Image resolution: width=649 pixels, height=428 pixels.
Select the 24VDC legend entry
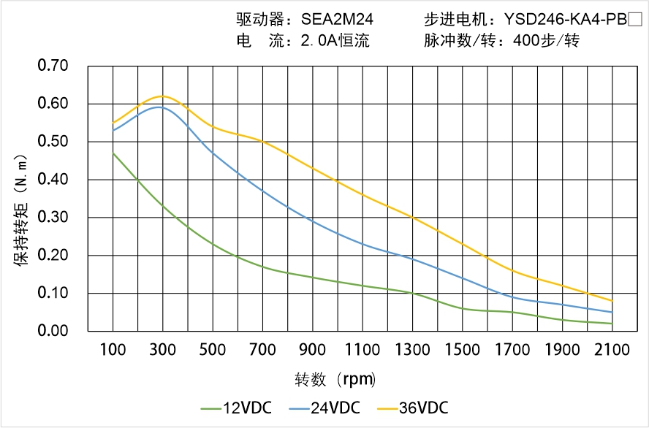324,408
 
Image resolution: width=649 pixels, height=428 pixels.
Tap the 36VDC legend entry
412,408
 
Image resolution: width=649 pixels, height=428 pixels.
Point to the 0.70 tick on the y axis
53,66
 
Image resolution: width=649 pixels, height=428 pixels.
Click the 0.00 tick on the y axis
53,331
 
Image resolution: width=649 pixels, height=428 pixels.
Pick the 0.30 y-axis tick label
53,218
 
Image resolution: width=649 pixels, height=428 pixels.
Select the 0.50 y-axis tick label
53,142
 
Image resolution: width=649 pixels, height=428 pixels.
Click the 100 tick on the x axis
113,350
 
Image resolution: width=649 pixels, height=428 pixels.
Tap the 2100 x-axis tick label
612,350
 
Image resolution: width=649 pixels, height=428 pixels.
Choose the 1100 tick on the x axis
363,350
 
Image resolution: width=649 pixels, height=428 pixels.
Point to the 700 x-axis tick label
262,350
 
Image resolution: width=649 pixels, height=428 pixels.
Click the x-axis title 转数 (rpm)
335,380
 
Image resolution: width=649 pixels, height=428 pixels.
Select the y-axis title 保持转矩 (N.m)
21,209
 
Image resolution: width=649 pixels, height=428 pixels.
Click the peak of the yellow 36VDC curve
162,96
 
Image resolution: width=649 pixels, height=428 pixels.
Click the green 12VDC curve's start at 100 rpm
113,153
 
